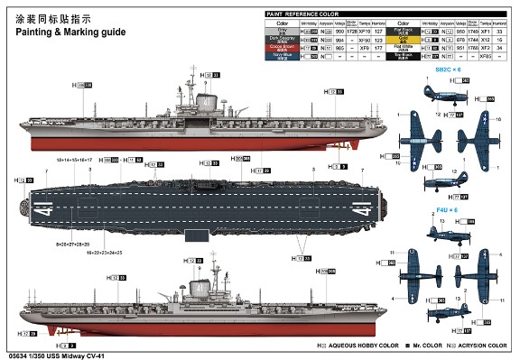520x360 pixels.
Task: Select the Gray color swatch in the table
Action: pos(282,31)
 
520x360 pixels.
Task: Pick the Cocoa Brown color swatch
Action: pos(282,47)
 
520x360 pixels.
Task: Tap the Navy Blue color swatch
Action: pos(282,55)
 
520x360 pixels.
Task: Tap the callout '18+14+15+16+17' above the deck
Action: pos(75,160)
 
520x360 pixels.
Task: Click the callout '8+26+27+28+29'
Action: pos(74,245)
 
